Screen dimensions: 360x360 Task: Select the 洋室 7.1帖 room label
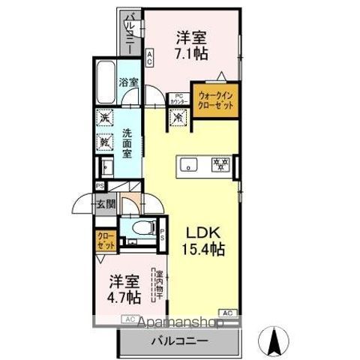click(x=192, y=44)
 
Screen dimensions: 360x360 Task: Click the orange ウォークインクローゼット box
click(x=215, y=100)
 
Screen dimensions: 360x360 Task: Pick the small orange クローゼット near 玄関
click(x=105, y=241)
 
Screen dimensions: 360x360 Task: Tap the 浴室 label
click(x=129, y=82)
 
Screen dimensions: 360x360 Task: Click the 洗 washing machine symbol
click(x=104, y=118)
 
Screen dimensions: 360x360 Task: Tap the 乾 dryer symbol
click(x=104, y=139)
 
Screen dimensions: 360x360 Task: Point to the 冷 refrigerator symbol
click(x=178, y=118)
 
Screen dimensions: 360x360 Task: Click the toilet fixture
click(x=141, y=229)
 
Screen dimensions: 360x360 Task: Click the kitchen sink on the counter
click(x=189, y=164)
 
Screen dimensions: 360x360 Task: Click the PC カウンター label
click(x=179, y=97)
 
